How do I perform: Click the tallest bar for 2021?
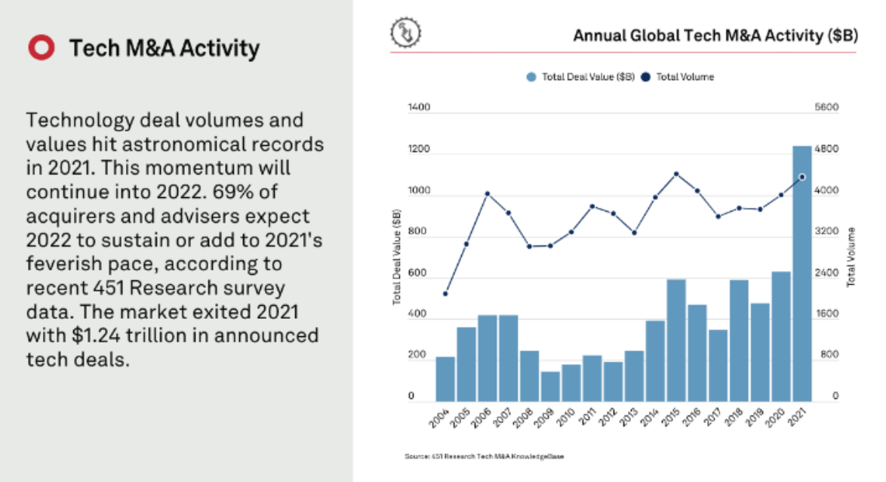pyautogui.click(x=801, y=272)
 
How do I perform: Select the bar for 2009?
pyautogui.click(x=550, y=386)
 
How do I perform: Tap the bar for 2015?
pyautogui.click(x=676, y=340)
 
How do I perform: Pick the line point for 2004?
pyautogui.click(x=445, y=294)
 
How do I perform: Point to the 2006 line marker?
pyautogui.click(x=488, y=193)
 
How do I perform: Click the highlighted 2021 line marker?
pyautogui.click(x=802, y=177)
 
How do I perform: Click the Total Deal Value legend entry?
pyautogui.click(x=581, y=77)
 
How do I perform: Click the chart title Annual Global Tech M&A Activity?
pyautogui.click(x=715, y=36)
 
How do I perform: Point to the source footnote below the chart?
pyautogui.click(x=485, y=457)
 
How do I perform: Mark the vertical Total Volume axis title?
pyautogui.click(x=852, y=257)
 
